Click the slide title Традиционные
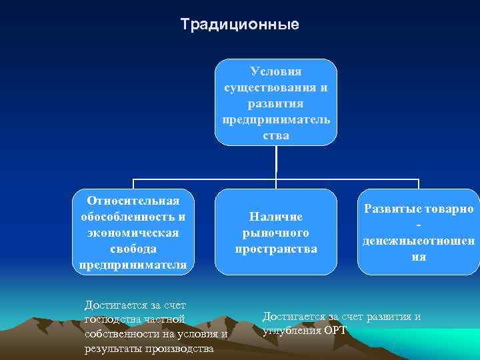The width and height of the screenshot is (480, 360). click(x=240, y=25)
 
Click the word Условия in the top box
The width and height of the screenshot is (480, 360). click(x=275, y=71)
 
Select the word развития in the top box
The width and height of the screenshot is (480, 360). click(x=275, y=103)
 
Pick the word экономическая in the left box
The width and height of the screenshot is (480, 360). click(x=133, y=233)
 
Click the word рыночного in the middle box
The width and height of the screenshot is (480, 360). click(x=275, y=233)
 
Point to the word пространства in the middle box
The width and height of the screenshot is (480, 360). click(x=275, y=249)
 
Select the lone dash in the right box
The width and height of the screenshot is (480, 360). click(x=419, y=225)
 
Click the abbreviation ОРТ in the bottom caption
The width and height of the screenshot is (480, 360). click(x=335, y=330)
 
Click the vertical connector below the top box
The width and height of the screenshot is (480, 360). click(x=276, y=163)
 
